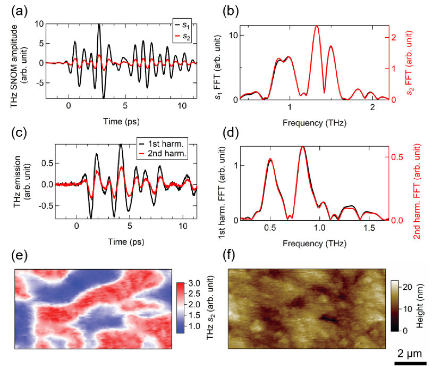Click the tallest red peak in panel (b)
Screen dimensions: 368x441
coord(317,26)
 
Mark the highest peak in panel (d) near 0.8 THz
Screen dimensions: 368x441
coord(303,147)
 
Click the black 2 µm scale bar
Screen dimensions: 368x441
coord(410,363)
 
